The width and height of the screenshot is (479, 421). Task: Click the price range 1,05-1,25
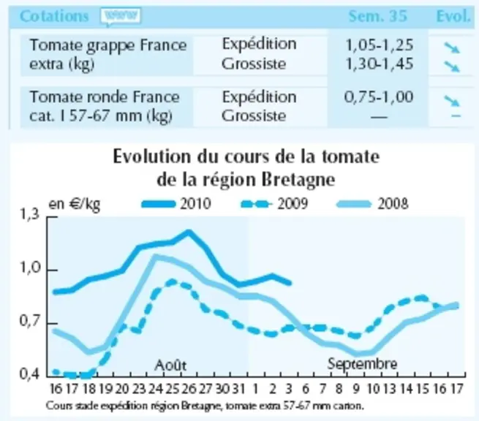(379, 45)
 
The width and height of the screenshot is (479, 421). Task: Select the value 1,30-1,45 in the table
(379, 64)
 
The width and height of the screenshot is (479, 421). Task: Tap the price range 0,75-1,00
(379, 97)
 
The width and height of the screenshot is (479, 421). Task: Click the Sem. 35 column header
(378, 16)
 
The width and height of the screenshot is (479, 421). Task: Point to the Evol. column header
(453, 16)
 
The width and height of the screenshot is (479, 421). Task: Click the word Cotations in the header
(54, 16)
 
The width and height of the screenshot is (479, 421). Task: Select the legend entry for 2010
(176, 204)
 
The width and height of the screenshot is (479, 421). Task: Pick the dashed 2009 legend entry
(274, 204)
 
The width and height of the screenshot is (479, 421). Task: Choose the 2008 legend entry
(372, 204)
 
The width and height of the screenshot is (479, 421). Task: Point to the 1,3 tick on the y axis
(30, 215)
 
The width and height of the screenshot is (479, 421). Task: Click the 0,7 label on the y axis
(30, 322)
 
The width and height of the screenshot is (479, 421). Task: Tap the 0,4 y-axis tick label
(30, 374)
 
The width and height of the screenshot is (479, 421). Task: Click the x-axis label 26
(189, 389)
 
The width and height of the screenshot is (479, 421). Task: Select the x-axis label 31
(238, 389)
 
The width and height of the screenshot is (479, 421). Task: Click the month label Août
(170, 365)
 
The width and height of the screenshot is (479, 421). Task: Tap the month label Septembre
(362, 364)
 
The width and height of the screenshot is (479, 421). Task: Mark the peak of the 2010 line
(189, 232)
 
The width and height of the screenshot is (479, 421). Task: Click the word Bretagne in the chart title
(298, 180)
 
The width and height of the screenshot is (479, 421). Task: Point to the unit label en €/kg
(75, 204)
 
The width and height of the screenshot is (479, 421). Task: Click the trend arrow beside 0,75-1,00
(452, 100)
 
